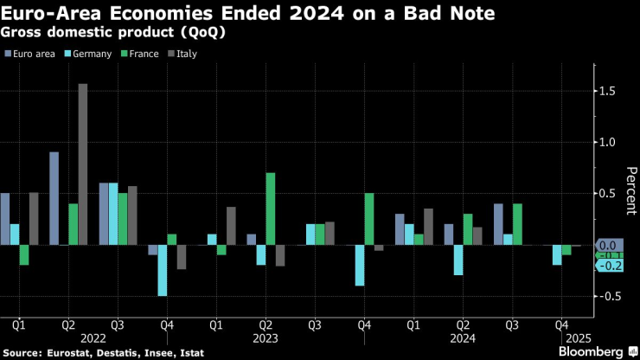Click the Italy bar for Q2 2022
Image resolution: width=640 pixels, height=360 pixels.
click(83, 164)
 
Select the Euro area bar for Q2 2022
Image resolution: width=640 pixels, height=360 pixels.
click(54, 198)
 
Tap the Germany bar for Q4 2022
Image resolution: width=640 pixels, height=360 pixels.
click(162, 270)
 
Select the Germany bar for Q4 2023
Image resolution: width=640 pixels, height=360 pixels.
click(359, 265)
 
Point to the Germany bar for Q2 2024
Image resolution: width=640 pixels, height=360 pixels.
click(458, 260)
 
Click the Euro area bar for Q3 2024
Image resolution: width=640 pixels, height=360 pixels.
click(498, 224)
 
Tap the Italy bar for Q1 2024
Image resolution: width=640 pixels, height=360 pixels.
click(429, 227)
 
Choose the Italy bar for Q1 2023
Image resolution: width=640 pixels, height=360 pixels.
click(231, 226)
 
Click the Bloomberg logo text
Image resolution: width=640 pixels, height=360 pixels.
click(592, 351)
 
